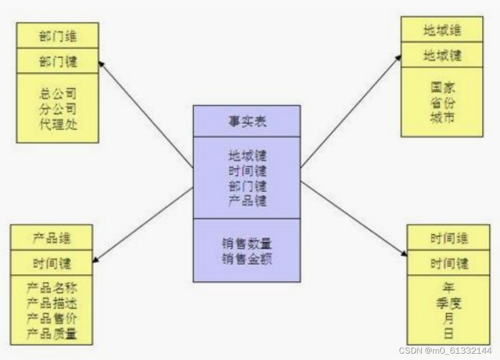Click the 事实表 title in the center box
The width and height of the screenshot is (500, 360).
click(247, 121)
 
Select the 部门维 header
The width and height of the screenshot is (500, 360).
click(58, 37)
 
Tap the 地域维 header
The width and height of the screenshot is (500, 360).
click(442, 30)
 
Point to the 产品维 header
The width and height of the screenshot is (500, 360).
click(51, 238)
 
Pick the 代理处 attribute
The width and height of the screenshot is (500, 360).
click(58, 125)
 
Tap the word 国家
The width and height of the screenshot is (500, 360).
click(442, 87)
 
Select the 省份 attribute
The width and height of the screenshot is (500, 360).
click(442, 103)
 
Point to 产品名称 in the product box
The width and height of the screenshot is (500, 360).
click(51, 289)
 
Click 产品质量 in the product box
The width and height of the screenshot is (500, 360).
click(51, 334)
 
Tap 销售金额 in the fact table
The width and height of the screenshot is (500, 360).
click(247, 259)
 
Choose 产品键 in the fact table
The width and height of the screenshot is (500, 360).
click(247, 201)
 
